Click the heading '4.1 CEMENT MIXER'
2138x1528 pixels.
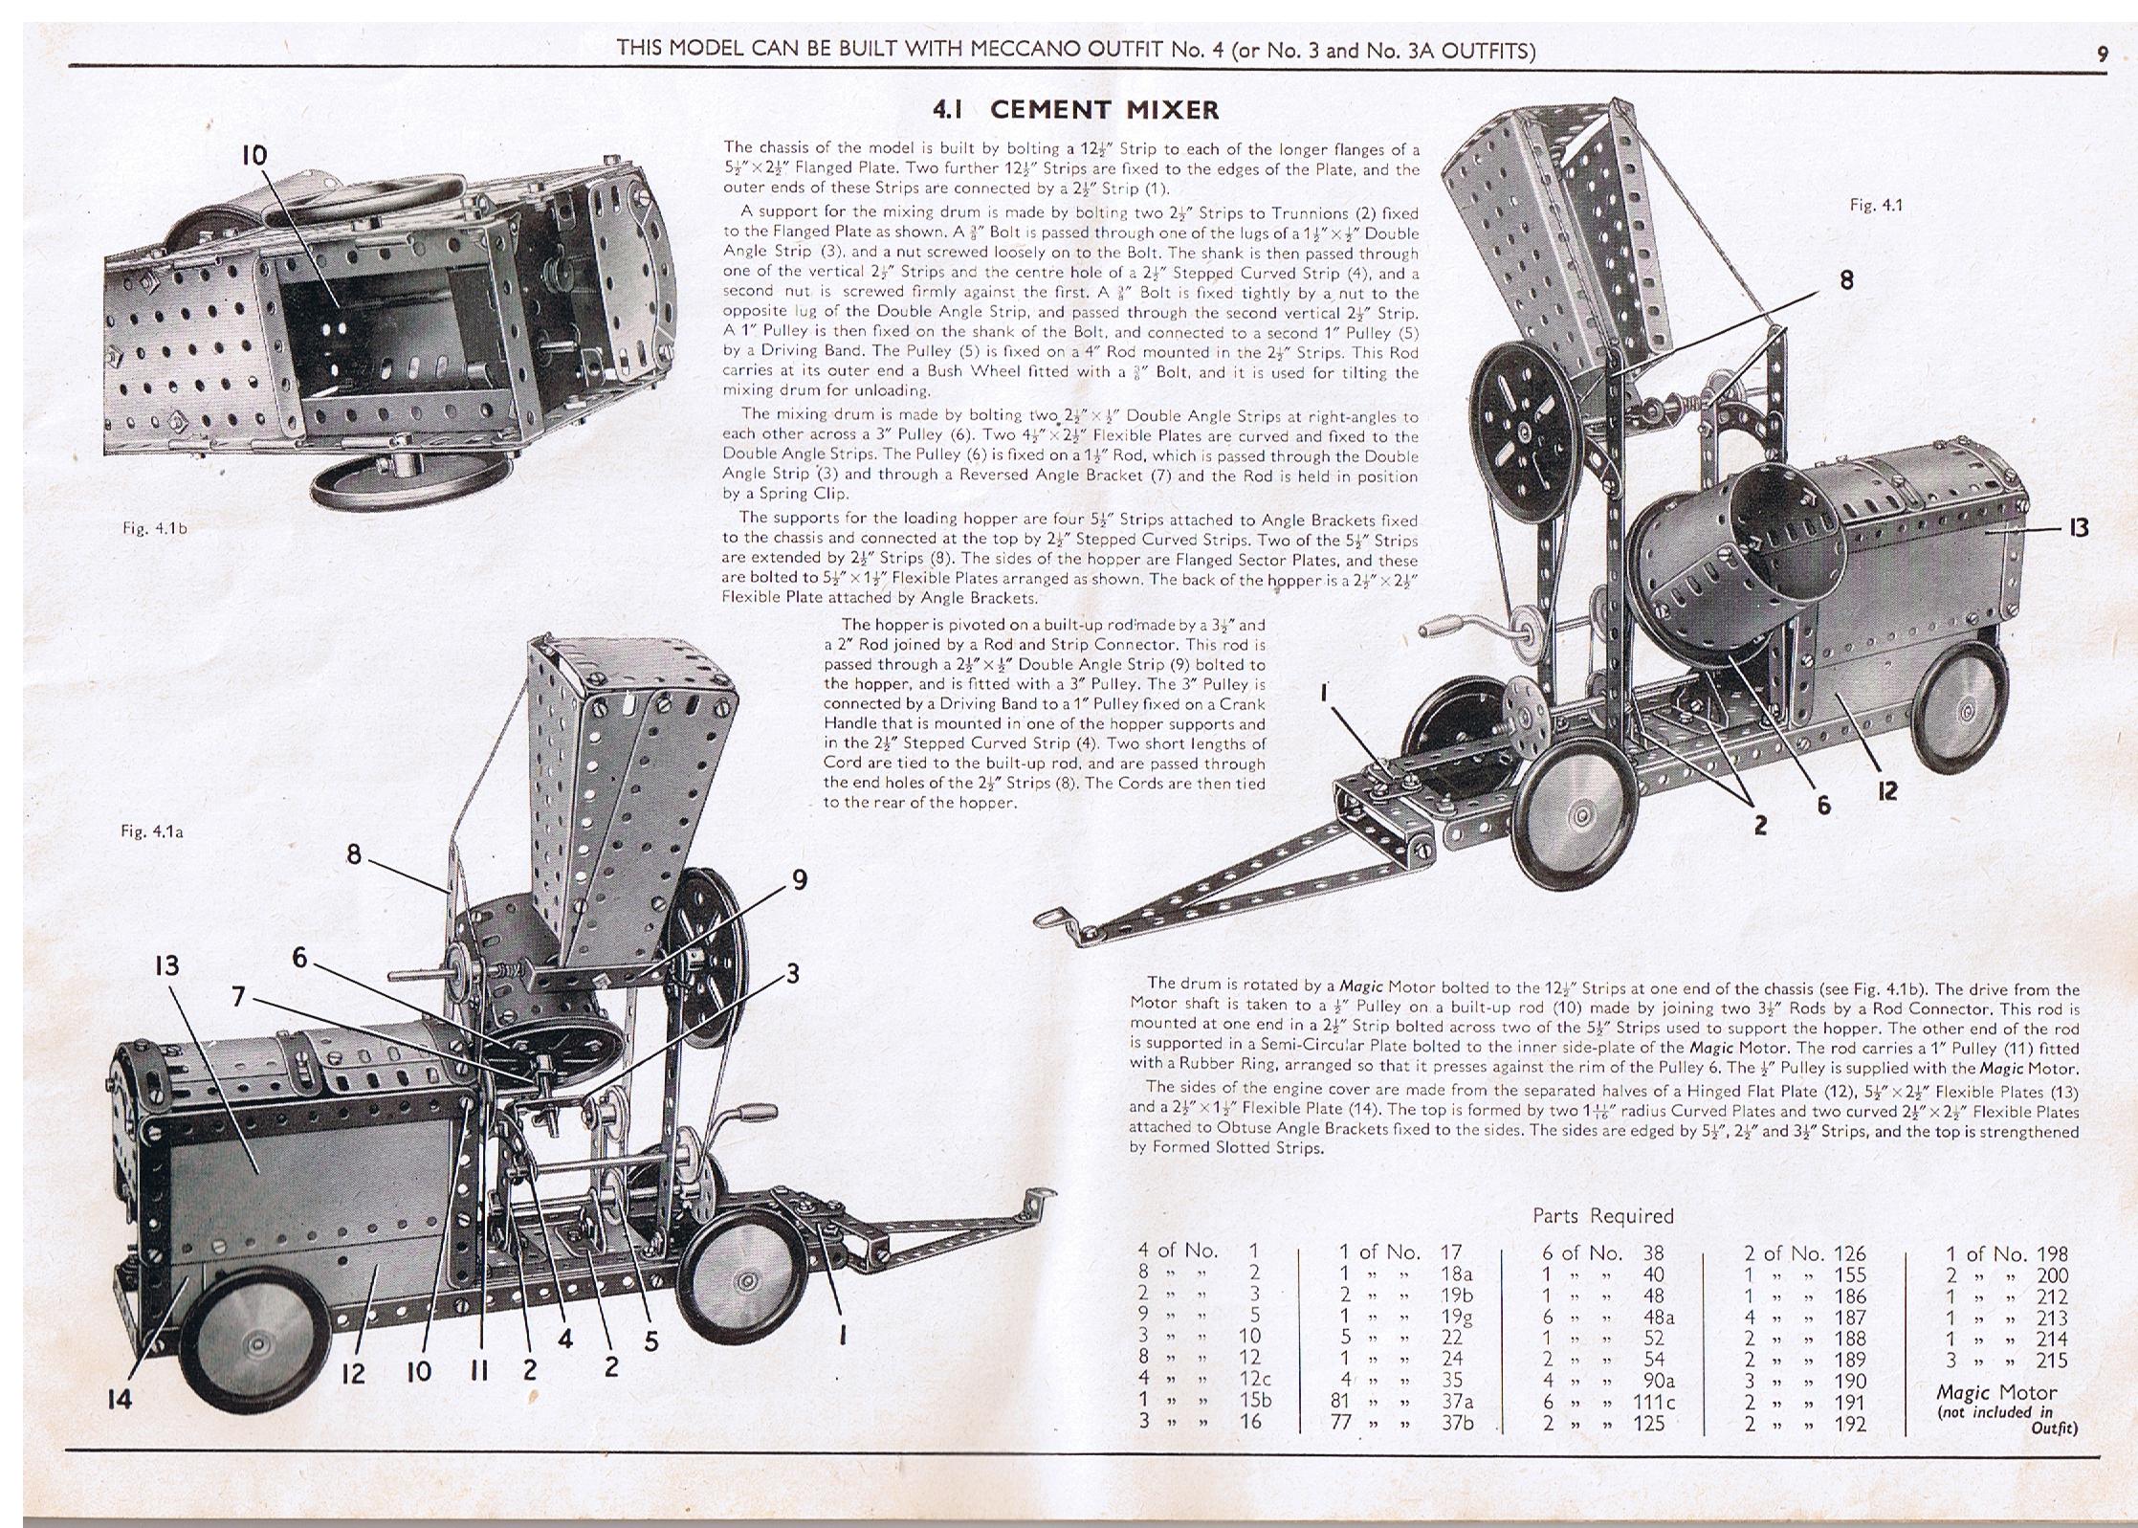(1075, 110)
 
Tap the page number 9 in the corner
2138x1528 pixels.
(2102, 55)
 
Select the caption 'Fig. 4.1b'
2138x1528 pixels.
(155, 528)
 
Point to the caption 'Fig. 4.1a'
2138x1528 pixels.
(152, 831)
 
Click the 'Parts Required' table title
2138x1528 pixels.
(1602, 1215)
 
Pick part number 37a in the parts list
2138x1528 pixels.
(1456, 1402)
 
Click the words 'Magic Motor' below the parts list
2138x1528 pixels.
(1995, 1393)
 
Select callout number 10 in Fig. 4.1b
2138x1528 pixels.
(253, 156)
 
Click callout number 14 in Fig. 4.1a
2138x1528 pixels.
(120, 1400)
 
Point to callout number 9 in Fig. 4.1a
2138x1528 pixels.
(800, 879)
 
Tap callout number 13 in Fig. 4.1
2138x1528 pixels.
(2078, 528)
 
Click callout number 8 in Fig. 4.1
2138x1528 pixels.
(1845, 279)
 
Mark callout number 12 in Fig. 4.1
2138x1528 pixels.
(1886, 790)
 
